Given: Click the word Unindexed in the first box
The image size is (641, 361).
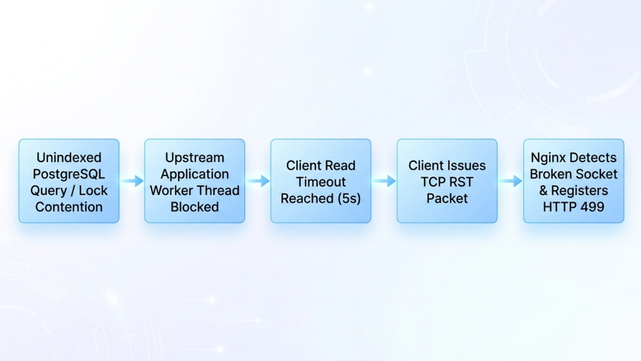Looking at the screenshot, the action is (69, 157).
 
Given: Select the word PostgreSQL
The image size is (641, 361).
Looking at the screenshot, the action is (69, 174).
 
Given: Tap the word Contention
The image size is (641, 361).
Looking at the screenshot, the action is (69, 207).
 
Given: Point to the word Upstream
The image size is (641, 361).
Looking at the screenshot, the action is (195, 158).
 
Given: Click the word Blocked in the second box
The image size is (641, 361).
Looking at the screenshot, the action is (195, 207).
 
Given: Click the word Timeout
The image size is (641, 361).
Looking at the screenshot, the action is (321, 182).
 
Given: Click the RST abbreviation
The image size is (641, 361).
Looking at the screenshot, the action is (460, 182).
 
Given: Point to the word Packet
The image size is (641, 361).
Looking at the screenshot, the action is (447, 199).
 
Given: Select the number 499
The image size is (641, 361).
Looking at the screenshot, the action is (592, 207).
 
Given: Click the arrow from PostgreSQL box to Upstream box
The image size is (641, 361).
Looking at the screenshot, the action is (132, 181).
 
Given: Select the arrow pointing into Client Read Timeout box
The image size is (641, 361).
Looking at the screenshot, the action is (258, 181).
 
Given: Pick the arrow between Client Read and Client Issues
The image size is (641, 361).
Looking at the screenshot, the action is (384, 181).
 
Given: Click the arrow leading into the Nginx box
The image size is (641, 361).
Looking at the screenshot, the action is (510, 181).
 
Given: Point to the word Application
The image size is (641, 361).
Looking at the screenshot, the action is (195, 174).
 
